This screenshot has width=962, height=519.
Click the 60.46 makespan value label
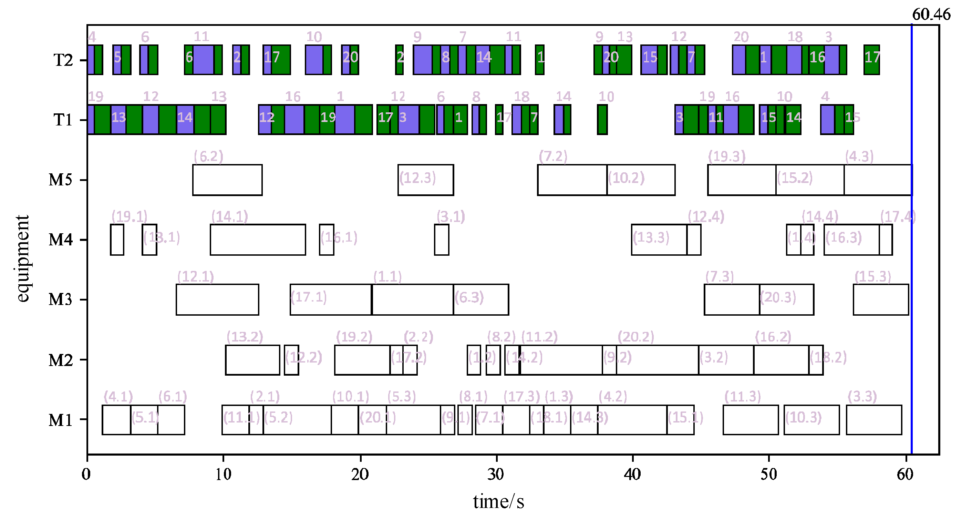coord(931,14)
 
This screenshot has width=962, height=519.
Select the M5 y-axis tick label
coord(61,180)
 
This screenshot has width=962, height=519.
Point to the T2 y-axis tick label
coord(63,60)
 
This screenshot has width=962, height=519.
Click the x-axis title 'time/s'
coord(498,501)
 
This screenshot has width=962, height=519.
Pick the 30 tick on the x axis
coord(496,474)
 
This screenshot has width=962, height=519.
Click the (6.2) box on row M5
coord(227,180)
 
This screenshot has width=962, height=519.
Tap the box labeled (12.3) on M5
coord(425,180)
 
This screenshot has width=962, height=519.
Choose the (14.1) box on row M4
coord(258,240)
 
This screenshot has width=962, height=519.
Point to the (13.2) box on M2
coord(252,359)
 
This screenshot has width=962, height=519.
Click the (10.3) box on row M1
coord(811,419)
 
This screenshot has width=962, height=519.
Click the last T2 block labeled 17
coord(871,60)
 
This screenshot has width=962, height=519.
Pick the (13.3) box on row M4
coord(659,240)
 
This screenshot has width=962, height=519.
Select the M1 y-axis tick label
coord(61,420)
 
